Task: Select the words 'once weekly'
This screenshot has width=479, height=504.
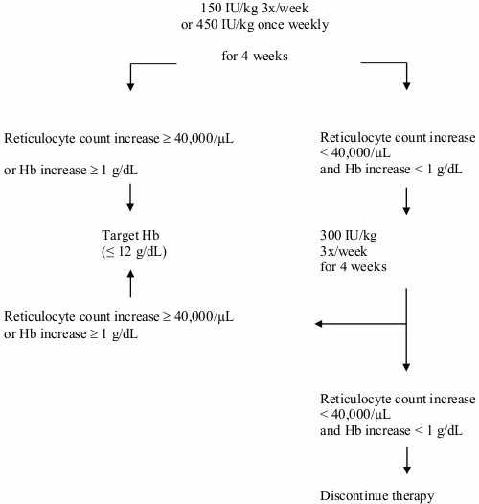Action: [293, 25]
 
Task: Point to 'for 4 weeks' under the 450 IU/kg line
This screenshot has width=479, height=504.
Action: [255, 56]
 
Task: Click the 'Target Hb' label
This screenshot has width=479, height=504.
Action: [130, 235]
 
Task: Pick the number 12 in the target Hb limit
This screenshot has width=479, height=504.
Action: [125, 251]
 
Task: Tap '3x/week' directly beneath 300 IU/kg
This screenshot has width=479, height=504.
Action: [343, 251]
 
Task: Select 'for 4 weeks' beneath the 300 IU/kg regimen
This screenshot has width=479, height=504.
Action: [354, 266]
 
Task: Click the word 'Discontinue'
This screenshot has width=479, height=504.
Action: [355, 495]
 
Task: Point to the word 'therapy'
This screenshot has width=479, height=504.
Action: [415, 496]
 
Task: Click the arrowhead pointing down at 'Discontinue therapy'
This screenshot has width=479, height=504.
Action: [406, 470]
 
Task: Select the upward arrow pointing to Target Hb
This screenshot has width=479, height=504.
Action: [130, 284]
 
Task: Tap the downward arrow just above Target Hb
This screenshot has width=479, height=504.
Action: [130, 197]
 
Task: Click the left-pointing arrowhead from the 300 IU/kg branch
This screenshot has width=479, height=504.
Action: [319, 324]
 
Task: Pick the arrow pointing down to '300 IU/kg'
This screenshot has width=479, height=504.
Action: [406, 201]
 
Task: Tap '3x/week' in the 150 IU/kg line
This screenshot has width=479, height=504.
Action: [285, 8]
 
